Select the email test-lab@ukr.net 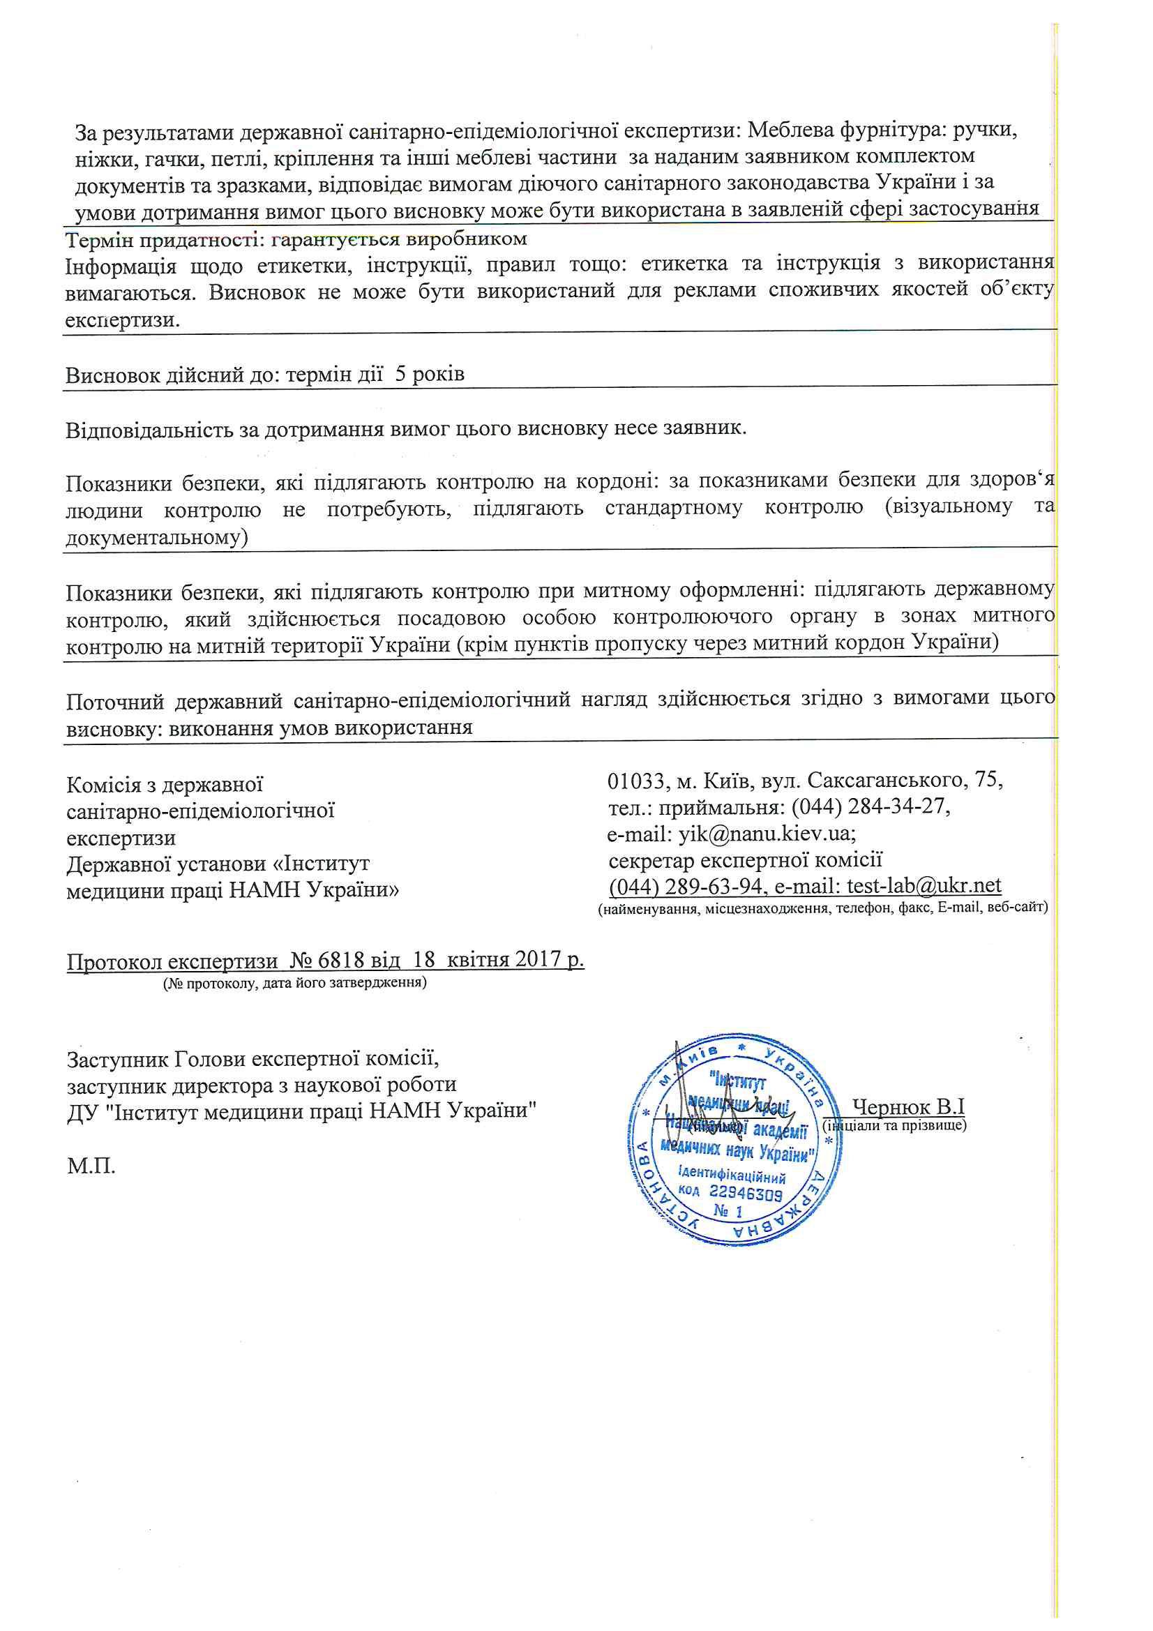924,886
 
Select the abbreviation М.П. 91,1166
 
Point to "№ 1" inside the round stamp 728,1210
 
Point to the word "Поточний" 115,702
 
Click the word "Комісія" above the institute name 104,785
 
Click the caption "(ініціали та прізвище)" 894,1125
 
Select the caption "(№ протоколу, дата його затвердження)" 295,983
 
